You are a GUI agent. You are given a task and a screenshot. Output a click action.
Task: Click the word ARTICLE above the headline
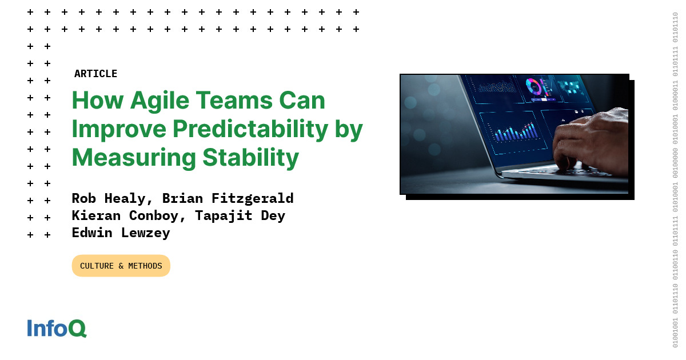pyautogui.click(x=95, y=74)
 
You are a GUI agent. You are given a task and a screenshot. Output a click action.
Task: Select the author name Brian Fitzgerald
pyautogui.click(x=228, y=198)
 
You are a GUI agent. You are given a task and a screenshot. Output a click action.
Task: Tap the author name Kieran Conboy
pyautogui.click(x=129, y=215)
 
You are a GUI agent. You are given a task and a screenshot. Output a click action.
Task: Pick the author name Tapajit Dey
pyautogui.click(x=240, y=215)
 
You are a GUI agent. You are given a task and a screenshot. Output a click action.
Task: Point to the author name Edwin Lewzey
pyautogui.click(x=121, y=233)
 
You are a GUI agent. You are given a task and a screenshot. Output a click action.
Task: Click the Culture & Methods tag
pyautogui.click(x=121, y=266)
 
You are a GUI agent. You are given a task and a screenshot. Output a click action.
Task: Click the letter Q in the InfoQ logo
pyautogui.click(x=78, y=329)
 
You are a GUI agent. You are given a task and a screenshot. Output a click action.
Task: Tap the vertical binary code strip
pyautogui.click(x=675, y=180)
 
